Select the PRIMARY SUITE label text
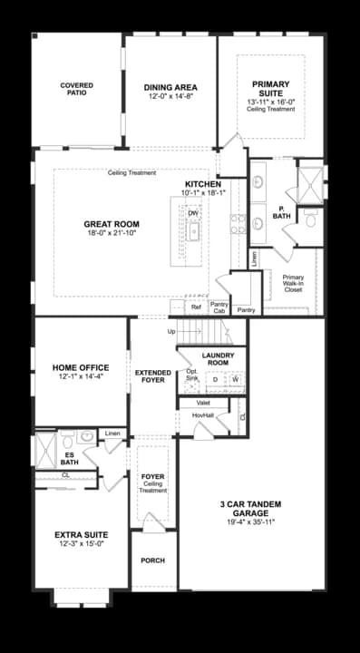tap(270, 88)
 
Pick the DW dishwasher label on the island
tap(193, 213)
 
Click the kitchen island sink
tap(194, 231)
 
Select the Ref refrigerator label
tap(196, 307)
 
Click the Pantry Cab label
tap(219, 307)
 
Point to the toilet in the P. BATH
tap(308, 219)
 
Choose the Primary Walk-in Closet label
tap(292, 285)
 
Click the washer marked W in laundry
tap(236, 379)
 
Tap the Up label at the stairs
tap(172, 331)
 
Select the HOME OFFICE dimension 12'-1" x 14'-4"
tap(81, 375)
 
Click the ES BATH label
tap(69, 458)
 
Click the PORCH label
tap(152, 560)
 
